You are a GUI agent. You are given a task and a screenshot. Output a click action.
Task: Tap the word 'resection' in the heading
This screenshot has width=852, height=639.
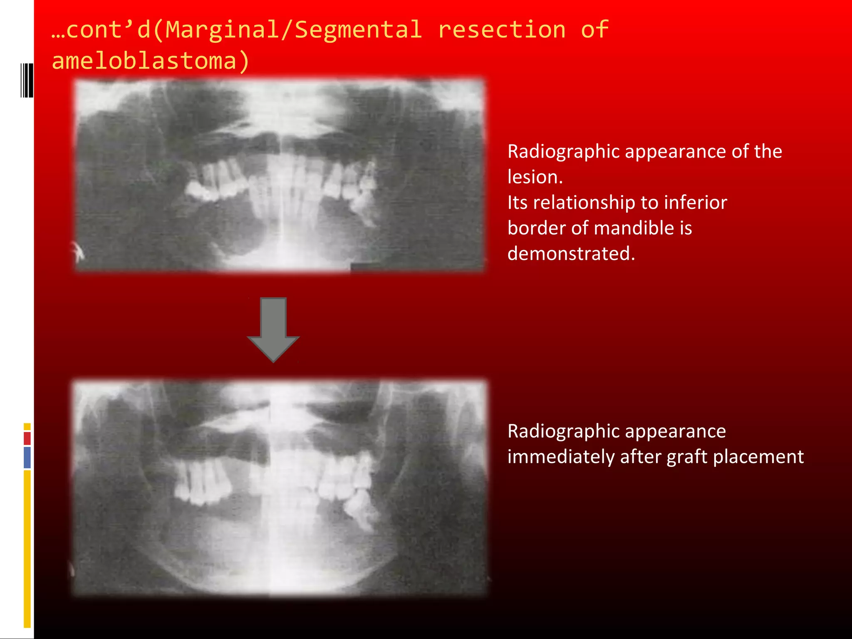[502, 30]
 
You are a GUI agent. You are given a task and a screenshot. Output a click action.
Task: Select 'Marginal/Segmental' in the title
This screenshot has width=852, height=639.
[293, 30]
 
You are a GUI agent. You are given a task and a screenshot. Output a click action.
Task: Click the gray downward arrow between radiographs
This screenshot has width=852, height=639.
[273, 329]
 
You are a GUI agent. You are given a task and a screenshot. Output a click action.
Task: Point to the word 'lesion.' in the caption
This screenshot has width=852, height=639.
[535, 177]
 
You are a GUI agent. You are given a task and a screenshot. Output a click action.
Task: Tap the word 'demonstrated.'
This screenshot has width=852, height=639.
[571, 253]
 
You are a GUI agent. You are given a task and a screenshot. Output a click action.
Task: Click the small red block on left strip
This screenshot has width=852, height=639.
[27, 438]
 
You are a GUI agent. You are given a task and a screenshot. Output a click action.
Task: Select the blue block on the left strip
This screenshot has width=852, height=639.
[27, 457]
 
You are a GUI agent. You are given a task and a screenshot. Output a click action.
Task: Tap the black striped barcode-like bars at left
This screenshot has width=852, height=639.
[27, 80]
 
